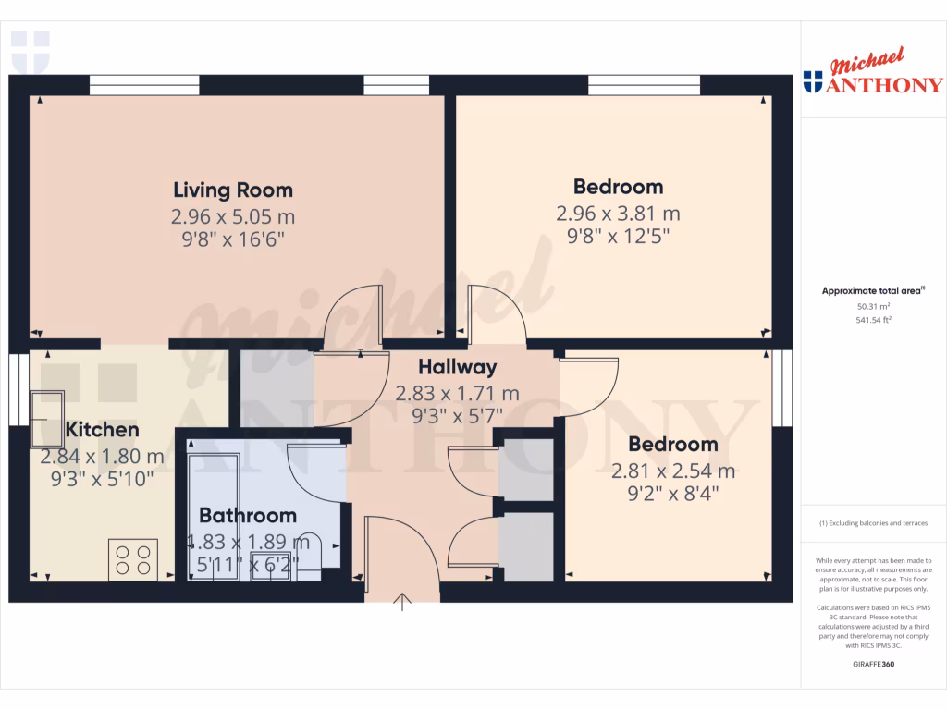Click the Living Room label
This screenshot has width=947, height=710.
(233, 190)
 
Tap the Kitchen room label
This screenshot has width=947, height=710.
(102, 430)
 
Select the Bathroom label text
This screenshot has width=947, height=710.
(248, 516)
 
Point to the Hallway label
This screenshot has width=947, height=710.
(457, 367)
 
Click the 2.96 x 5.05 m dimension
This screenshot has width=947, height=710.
(233, 217)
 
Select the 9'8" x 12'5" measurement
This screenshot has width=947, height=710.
(618, 237)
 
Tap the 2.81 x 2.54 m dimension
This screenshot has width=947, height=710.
(673, 471)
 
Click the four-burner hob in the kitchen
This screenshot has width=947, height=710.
(132, 558)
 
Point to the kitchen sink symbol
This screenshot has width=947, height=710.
(47, 418)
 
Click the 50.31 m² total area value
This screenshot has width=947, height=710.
(873, 306)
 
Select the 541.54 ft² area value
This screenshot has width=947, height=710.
(873, 320)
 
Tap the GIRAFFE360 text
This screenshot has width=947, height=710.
(873, 664)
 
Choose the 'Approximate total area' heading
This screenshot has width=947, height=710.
(873, 291)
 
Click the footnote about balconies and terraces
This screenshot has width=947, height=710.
(873, 523)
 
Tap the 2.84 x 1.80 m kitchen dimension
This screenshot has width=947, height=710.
(102, 457)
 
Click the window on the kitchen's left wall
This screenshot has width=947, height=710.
(14, 387)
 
